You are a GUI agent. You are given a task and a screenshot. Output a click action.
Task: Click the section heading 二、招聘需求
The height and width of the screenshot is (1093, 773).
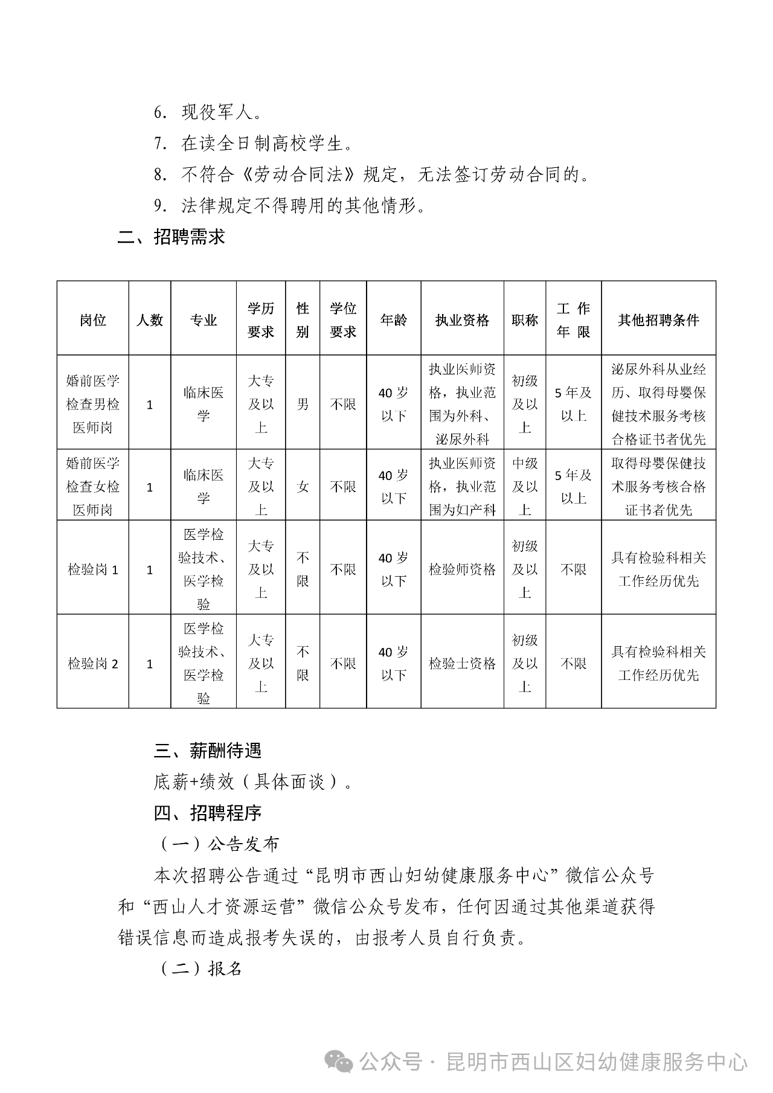(171, 237)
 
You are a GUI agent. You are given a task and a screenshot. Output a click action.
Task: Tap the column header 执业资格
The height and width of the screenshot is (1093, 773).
(462, 320)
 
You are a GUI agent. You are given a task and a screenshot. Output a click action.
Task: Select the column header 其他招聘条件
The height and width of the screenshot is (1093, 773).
(658, 320)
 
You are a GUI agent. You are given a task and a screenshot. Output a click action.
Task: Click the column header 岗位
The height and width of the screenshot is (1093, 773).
(93, 320)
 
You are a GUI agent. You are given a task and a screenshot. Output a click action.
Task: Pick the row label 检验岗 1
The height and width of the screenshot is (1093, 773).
(93, 569)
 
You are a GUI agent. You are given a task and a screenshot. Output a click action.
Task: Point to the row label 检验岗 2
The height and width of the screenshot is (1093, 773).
(93, 664)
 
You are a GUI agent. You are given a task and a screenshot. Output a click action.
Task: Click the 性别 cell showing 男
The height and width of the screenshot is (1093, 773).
(303, 404)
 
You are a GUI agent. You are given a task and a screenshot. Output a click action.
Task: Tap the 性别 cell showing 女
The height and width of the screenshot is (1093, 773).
(303, 487)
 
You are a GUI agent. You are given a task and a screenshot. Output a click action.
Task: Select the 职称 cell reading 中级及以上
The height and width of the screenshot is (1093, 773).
(525, 487)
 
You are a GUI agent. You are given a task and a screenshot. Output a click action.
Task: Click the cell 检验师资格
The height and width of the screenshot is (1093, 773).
(462, 569)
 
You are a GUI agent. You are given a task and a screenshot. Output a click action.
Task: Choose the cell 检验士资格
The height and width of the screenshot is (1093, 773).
(462, 664)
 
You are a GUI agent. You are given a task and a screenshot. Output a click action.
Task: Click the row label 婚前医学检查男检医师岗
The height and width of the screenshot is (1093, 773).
(93, 404)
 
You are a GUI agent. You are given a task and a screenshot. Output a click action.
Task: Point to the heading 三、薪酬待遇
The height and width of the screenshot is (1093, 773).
(207, 751)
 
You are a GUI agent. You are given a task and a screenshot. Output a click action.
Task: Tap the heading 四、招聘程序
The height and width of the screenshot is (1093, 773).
(207, 813)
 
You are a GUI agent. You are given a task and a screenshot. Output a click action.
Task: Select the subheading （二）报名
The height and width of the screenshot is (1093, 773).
(202, 969)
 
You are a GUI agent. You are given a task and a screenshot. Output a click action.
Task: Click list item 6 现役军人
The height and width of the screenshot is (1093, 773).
(208, 113)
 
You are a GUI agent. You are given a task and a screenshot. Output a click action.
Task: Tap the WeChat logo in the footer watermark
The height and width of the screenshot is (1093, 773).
(339, 1061)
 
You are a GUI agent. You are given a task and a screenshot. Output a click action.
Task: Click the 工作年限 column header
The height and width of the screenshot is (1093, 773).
(573, 320)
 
